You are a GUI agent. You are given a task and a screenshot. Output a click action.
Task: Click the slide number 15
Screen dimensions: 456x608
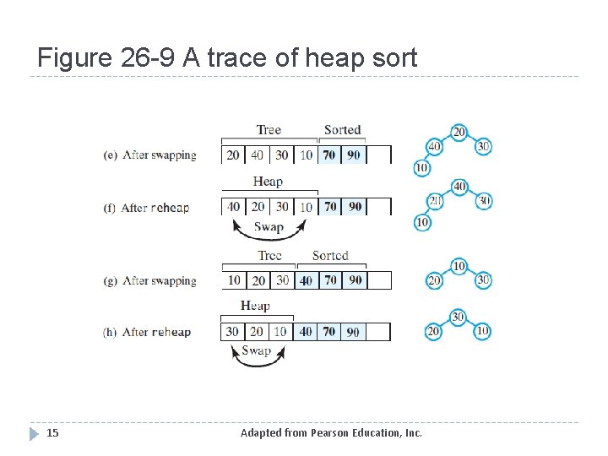pos(52,433)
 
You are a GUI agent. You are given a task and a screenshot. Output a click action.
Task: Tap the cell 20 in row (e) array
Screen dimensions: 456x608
pos(234,155)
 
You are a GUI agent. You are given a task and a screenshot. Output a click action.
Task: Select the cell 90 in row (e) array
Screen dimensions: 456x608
pos(355,155)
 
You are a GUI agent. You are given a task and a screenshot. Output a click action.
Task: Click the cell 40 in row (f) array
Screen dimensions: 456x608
pos(234,207)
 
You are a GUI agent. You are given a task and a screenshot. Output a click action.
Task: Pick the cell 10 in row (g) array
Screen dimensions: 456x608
pos(234,280)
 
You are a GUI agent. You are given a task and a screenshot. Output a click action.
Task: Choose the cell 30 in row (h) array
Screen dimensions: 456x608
pos(233,332)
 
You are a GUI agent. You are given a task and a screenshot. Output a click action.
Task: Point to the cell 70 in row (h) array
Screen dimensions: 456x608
pos(329,332)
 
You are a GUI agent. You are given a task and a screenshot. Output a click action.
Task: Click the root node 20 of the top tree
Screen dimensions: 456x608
pos(459,132)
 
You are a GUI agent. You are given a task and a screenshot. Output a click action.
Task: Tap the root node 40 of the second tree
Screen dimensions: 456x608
pos(459,186)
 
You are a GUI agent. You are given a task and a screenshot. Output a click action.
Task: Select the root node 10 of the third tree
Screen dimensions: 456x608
pos(459,266)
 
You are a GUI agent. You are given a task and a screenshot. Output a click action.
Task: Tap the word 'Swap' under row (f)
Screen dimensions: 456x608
pos(269,227)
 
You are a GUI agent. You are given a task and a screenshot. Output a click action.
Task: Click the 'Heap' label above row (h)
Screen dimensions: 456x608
pos(255,306)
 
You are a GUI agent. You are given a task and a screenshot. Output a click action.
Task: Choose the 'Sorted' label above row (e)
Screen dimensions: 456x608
pos(342,130)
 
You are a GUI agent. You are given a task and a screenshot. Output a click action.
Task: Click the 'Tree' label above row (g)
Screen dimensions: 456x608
pos(269,256)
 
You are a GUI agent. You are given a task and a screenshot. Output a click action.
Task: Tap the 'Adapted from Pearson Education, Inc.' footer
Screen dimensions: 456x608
pos(331,433)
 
